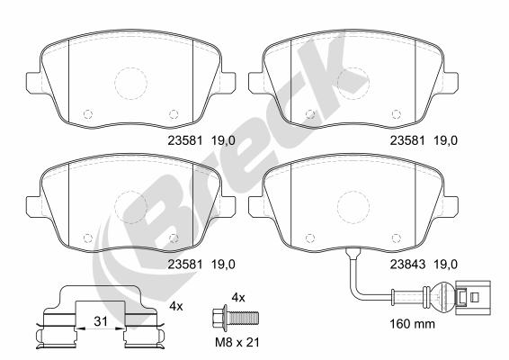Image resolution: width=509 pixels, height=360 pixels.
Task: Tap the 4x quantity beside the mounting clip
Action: [x=175, y=307]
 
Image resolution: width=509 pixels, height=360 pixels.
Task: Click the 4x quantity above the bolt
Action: [x=238, y=296]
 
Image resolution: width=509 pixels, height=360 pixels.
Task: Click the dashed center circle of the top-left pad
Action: [x=131, y=84]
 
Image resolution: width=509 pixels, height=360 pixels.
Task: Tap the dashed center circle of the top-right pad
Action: [x=352, y=84]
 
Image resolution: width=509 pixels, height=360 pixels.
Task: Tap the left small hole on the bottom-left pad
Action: [x=87, y=238]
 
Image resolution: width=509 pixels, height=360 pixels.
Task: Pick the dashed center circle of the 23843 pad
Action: [x=352, y=207]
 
